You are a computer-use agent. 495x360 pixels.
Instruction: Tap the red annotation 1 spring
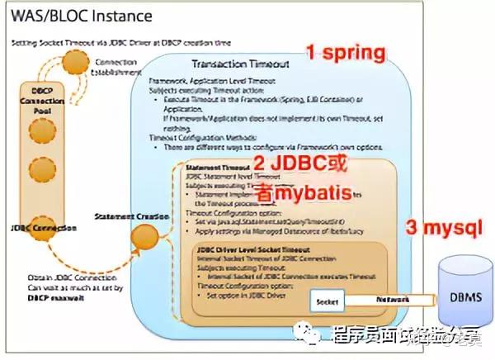tap(346, 54)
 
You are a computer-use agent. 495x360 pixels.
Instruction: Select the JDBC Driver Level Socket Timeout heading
tap(251, 248)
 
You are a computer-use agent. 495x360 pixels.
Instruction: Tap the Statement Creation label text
tap(125, 217)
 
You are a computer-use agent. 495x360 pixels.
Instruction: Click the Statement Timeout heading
tap(211, 167)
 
